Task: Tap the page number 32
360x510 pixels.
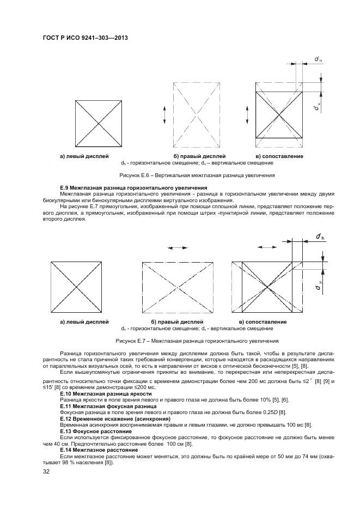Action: (46, 471)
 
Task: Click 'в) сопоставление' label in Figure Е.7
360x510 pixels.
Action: (263, 322)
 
